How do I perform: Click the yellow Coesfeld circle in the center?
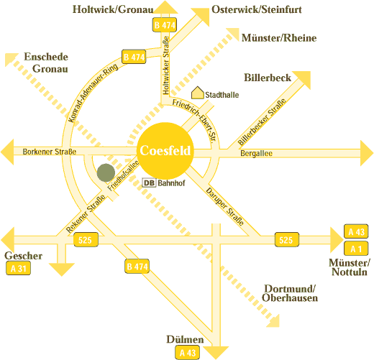pos(165,150)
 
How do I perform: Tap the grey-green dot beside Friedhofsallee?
pos(106,172)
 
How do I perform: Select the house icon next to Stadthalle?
pos(198,93)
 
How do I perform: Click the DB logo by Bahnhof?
pos(149,183)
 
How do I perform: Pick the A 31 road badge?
pos(18,268)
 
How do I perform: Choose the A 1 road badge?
pos(356,249)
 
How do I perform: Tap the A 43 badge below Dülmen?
pos(188,353)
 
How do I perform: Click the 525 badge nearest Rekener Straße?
pos(86,240)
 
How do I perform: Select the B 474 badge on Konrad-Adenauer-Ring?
pos(134,57)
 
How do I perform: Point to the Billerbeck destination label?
pos(268,78)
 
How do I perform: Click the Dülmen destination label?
pos(185,339)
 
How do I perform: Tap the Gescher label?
pos(23,256)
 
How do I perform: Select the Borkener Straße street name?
pos(50,152)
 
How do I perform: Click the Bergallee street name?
pos(256,153)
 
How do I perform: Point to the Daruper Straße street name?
pos(225,207)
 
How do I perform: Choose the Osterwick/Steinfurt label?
pos(257,9)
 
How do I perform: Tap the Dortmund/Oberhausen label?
pos(290,293)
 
